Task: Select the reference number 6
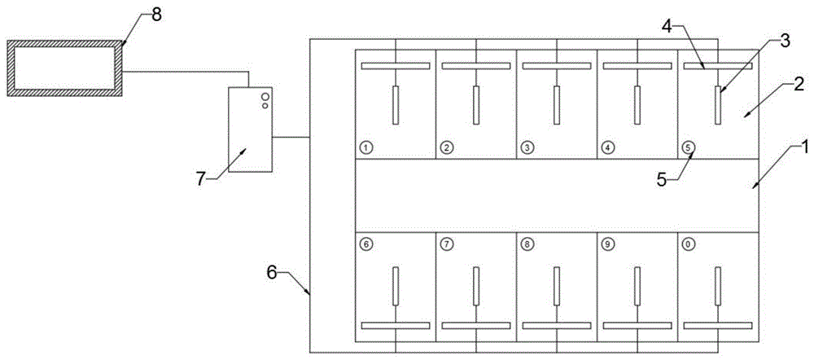273,273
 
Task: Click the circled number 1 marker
365,147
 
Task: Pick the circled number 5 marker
687,147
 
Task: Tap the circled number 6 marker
365,243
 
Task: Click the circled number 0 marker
687,243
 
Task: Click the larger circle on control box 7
265,97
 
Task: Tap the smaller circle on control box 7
265,106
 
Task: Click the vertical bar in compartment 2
476,105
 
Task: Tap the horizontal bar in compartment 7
476,325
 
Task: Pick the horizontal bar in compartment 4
637,66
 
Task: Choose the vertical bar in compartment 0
718,286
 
